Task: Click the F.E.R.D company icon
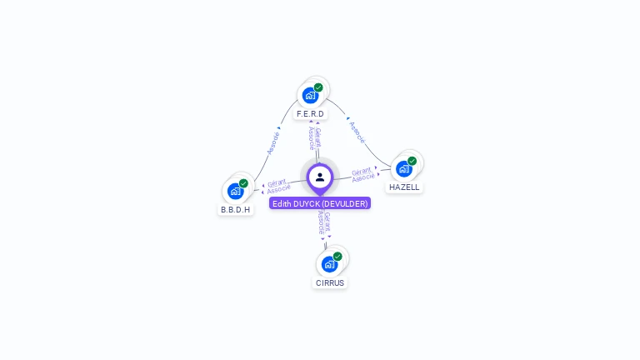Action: click(311, 95)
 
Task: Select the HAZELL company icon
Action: click(404, 168)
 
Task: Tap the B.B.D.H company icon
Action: click(236, 191)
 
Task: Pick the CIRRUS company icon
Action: click(330, 264)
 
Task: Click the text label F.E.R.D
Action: click(310, 114)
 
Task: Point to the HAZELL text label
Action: click(404, 187)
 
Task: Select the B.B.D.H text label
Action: click(236, 210)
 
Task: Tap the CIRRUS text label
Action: click(330, 282)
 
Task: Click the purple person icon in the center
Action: click(320, 177)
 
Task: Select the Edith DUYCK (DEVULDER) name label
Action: click(320, 203)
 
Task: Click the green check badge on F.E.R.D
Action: click(318, 87)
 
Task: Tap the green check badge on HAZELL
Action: click(412, 161)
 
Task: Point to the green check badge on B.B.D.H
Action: click(243, 183)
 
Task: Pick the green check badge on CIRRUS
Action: click(337, 257)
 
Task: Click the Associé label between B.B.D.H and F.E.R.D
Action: click(273, 141)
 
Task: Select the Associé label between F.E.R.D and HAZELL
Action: click(357, 131)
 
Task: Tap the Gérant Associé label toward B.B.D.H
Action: click(277, 185)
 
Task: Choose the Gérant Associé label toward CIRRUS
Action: click(324, 222)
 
